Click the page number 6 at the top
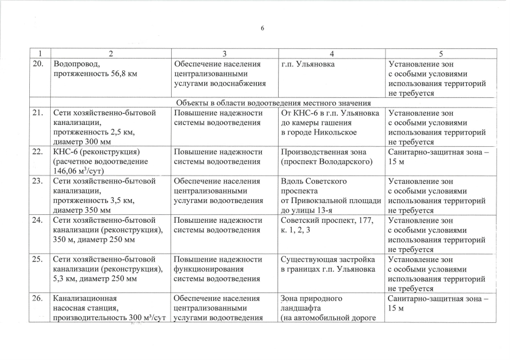tap(262, 29)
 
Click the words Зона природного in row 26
tap(311, 299)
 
